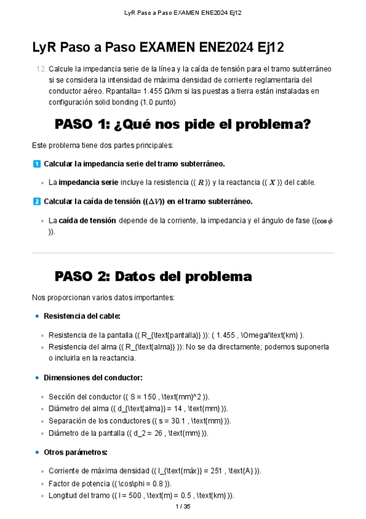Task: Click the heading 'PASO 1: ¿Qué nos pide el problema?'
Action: pos(183,124)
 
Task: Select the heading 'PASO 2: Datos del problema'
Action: pos(153,276)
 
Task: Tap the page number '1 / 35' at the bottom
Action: pos(183,507)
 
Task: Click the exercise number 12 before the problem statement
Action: pos(40,69)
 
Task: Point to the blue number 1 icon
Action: pos(36,164)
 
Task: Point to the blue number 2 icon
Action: pos(36,201)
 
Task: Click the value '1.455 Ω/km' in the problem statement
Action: pos(158,91)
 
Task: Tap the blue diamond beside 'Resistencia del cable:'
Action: pos(37,316)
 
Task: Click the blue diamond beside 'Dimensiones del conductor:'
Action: pos(37,378)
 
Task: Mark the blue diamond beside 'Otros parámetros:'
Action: pos(37,452)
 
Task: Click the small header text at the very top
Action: pos(183,12)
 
